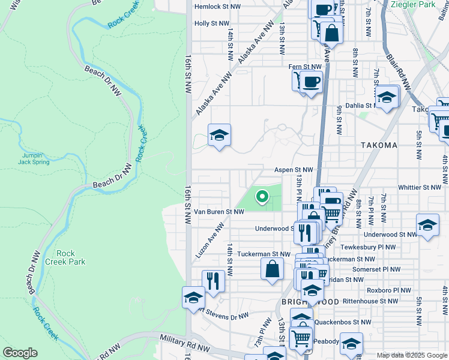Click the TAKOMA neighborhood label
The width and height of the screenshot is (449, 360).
point(379,145)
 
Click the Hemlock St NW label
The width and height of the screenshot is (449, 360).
point(217,8)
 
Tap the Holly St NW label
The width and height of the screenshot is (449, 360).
point(211,24)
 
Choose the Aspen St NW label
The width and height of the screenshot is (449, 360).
point(294,170)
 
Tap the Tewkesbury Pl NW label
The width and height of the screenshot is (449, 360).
point(368,247)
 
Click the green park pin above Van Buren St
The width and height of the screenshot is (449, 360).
point(262,196)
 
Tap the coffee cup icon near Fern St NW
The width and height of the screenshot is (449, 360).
point(310,82)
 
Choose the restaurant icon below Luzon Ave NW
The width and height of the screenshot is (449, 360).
point(213,280)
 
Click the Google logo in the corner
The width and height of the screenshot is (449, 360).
point(20,353)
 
